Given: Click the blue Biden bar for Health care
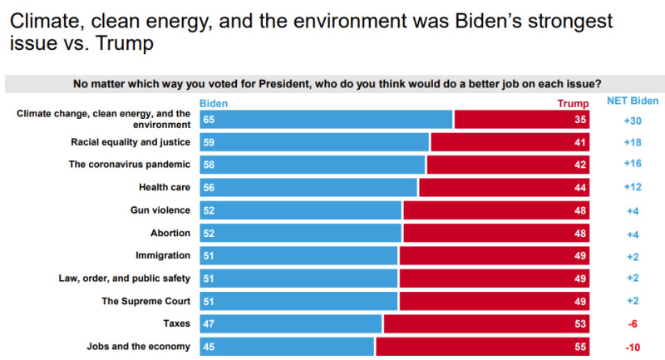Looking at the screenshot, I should pos(308,187).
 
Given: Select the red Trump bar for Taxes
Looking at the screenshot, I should pos(486,323).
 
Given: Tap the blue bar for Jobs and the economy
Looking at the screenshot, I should pos(287,346).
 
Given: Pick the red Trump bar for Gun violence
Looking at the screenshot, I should pos(496,210).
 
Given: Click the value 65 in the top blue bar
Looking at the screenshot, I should pos(208,120).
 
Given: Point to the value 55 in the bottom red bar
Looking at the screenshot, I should pos(581,346).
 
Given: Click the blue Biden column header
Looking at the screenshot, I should pos(214,103).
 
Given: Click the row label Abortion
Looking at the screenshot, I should pos(170,233).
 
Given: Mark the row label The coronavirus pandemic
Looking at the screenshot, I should pos(130,165).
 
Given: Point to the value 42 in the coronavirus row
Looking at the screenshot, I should pos(581,165).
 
